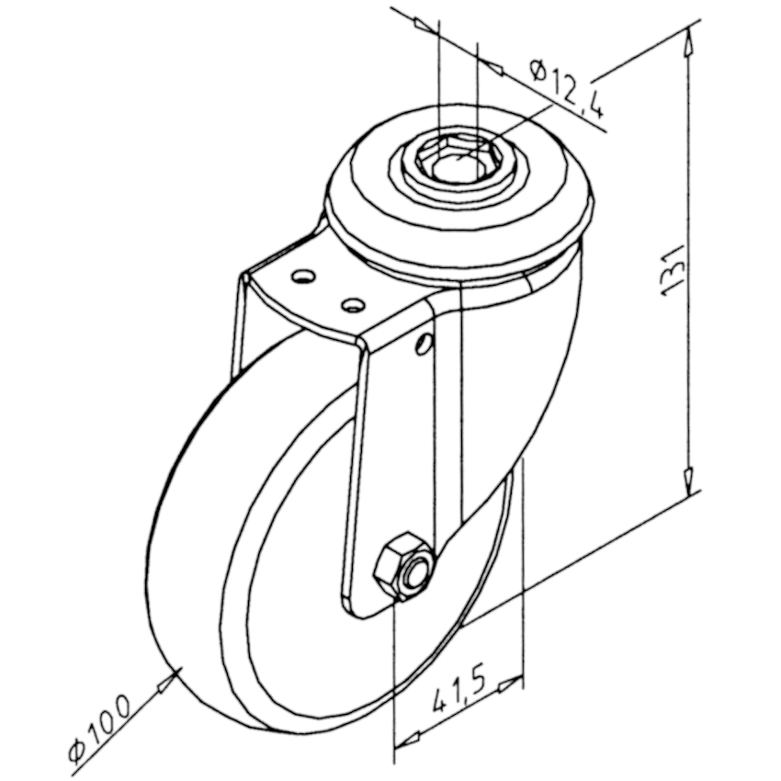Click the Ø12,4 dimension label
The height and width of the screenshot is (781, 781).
coord(568,88)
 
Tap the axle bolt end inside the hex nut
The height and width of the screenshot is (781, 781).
coord(414,573)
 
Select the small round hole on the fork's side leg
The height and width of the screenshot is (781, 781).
coord(423,344)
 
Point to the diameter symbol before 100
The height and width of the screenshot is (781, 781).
coord(79,749)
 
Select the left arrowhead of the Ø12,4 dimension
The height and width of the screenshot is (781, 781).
coord(424,24)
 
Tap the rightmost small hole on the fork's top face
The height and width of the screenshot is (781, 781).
coord(351,301)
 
